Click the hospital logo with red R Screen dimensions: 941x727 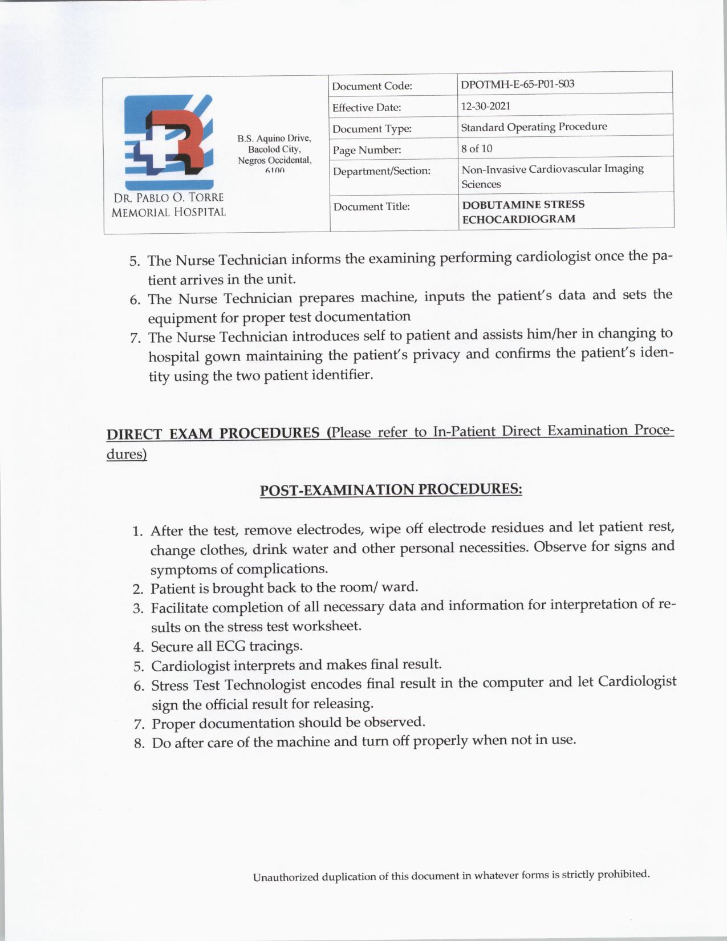[169, 141]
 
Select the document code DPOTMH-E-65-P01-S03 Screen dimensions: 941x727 [517, 84]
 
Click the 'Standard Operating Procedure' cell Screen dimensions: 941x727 [534, 127]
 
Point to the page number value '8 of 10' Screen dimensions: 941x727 [477, 149]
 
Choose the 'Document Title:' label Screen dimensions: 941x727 [371, 206]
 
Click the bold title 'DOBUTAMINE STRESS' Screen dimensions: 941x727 [523, 204]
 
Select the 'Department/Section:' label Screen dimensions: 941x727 [381, 171]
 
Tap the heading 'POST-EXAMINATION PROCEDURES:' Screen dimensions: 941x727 [391, 490]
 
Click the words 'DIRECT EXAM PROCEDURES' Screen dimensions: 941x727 [213, 433]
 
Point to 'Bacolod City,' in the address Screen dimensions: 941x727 [274, 149]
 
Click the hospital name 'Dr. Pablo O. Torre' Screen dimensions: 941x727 [169, 198]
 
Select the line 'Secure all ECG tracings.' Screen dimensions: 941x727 [226, 646]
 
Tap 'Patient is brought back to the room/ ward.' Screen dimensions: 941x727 [285, 587]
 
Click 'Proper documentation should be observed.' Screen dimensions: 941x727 [289, 723]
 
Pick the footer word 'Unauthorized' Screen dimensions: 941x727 [286, 877]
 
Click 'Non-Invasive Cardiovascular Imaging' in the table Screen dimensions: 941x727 [552, 169]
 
